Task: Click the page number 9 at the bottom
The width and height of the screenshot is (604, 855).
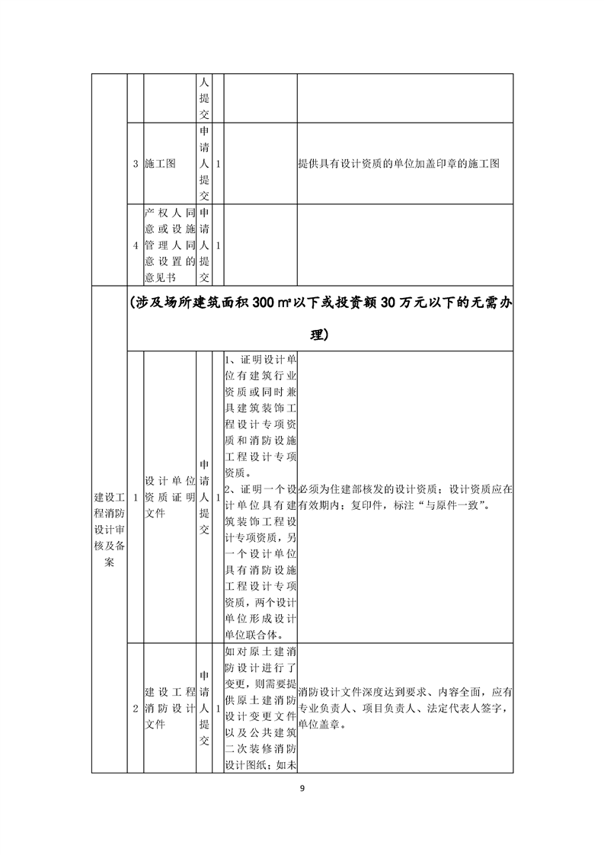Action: pos(302,787)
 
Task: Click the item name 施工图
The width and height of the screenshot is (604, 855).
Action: pos(160,164)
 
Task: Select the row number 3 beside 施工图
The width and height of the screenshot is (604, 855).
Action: pos(136,164)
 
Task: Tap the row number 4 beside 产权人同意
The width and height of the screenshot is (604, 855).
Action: pos(136,245)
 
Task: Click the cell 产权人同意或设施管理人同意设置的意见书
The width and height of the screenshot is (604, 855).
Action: pos(170,245)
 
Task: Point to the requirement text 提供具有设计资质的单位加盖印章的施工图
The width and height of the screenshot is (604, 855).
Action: pos(398,164)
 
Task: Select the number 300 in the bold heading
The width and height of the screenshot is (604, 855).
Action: pos(270,302)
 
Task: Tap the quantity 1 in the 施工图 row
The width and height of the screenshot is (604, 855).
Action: pos(219,164)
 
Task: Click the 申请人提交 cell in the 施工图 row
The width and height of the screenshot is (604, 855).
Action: pos(204,164)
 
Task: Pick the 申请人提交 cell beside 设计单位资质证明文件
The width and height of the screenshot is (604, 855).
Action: pos(204,497)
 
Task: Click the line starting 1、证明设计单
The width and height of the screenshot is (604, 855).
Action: pos(261,359)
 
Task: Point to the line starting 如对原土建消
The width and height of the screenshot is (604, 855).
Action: pos(261,652)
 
